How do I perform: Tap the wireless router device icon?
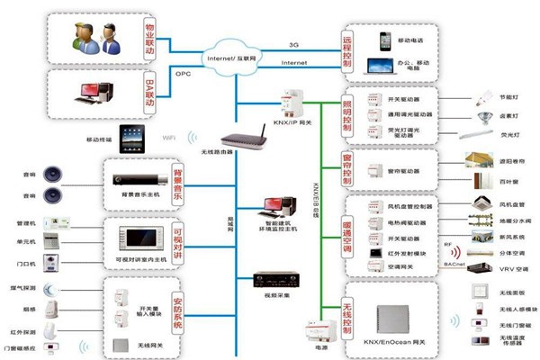238,141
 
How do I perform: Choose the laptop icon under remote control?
381,66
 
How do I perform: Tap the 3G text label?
293,44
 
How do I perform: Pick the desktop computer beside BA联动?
96,92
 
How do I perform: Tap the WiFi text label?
168,138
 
